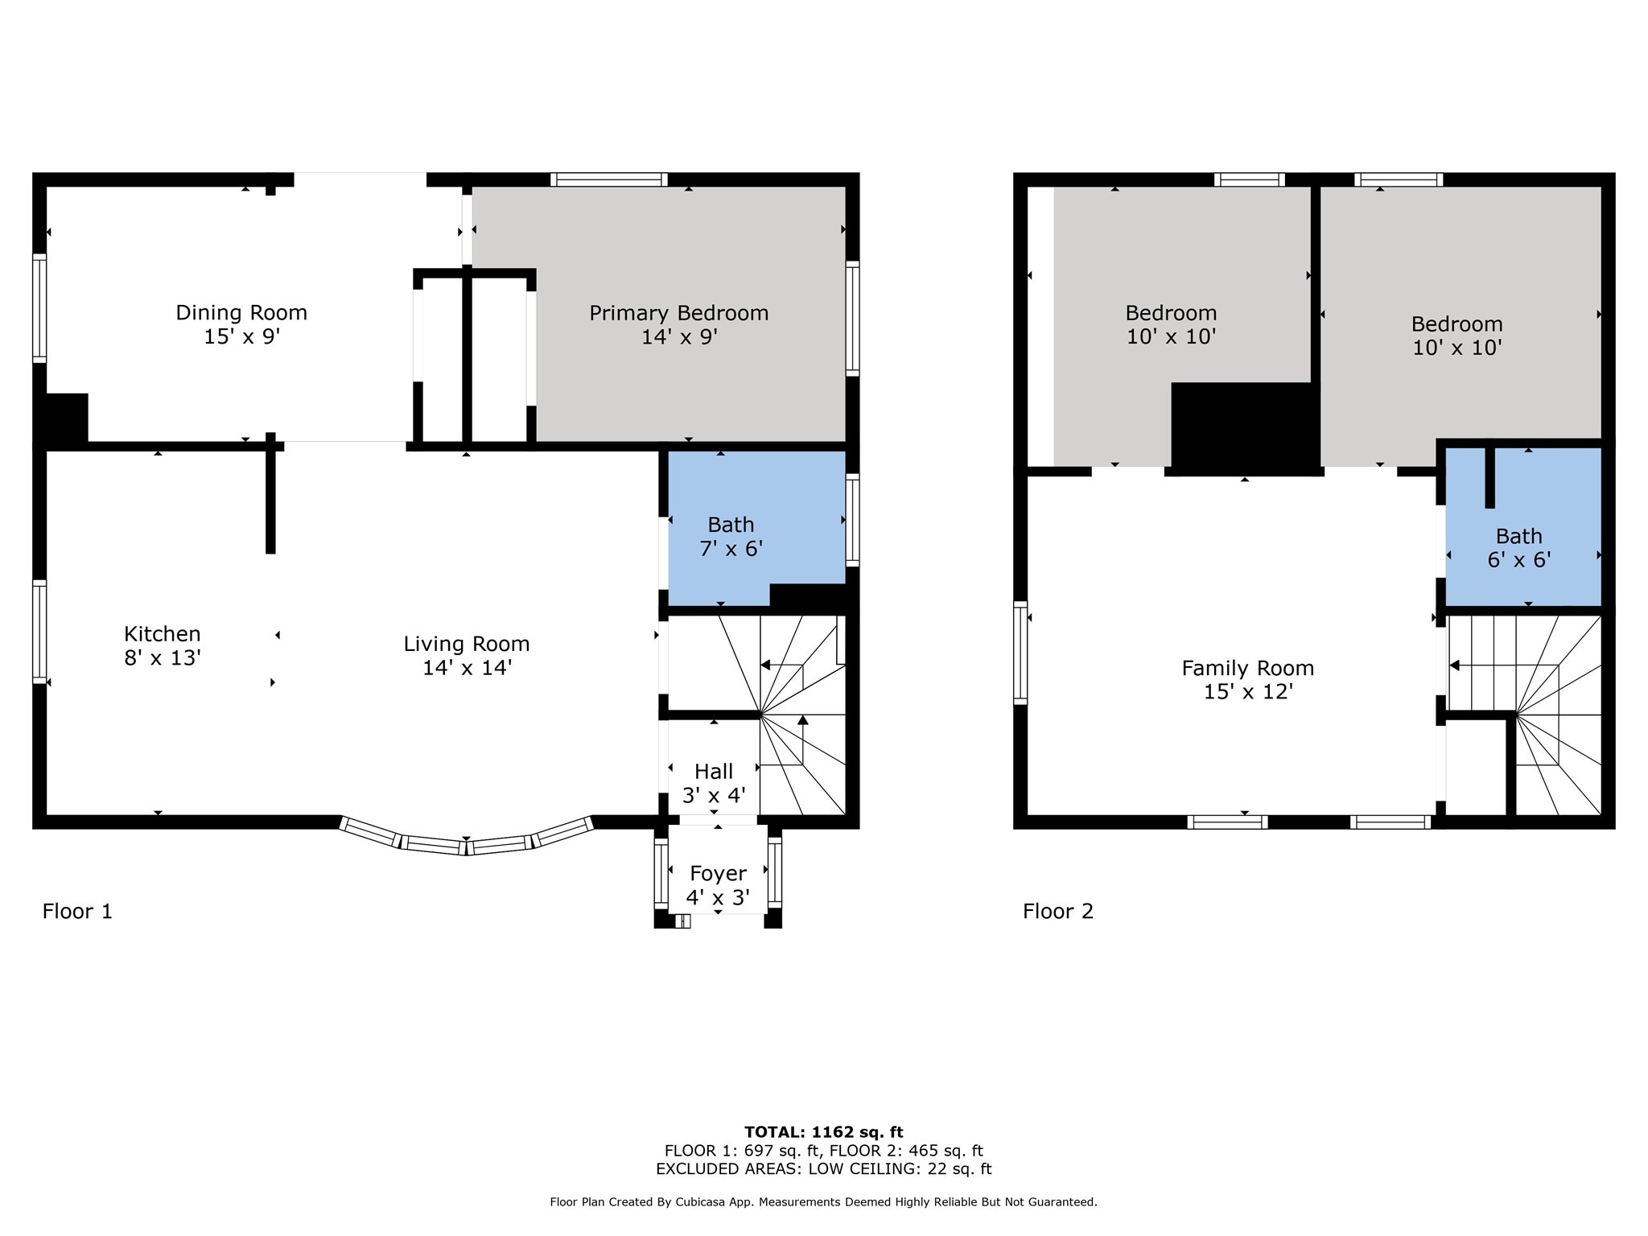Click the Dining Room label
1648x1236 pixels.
pos(241,312)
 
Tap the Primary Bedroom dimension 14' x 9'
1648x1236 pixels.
pos(678,336)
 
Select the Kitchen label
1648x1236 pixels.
pos(162,633)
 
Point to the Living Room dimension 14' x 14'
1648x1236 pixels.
pos(467,667)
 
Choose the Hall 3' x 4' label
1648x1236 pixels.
pos(713,783)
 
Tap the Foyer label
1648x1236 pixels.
pos(718,873)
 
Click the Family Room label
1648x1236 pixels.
pos(1247,668)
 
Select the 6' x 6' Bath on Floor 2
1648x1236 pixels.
pos(1518,548)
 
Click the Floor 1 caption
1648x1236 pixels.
pos(77,911)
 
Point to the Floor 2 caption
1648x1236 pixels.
pos(1057,911)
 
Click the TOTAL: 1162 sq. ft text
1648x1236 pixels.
pos(823,1132)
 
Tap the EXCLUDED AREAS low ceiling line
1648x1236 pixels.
pos(823,1169)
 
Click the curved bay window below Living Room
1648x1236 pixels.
pos(466,843)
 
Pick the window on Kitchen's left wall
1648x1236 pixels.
pos(39,632)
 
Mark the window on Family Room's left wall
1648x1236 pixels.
pos(1020,653)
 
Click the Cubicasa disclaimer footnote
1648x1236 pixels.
pos(823,1202)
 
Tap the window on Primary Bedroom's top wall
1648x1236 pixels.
pos(609,179)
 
